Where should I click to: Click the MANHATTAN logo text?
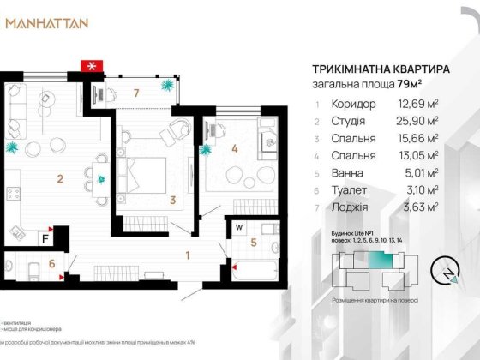(x=46, y=23)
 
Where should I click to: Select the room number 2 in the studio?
(x=59, y=179)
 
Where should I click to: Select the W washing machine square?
(x=238, y=227)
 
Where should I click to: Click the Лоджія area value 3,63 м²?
(x=422, y=207)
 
